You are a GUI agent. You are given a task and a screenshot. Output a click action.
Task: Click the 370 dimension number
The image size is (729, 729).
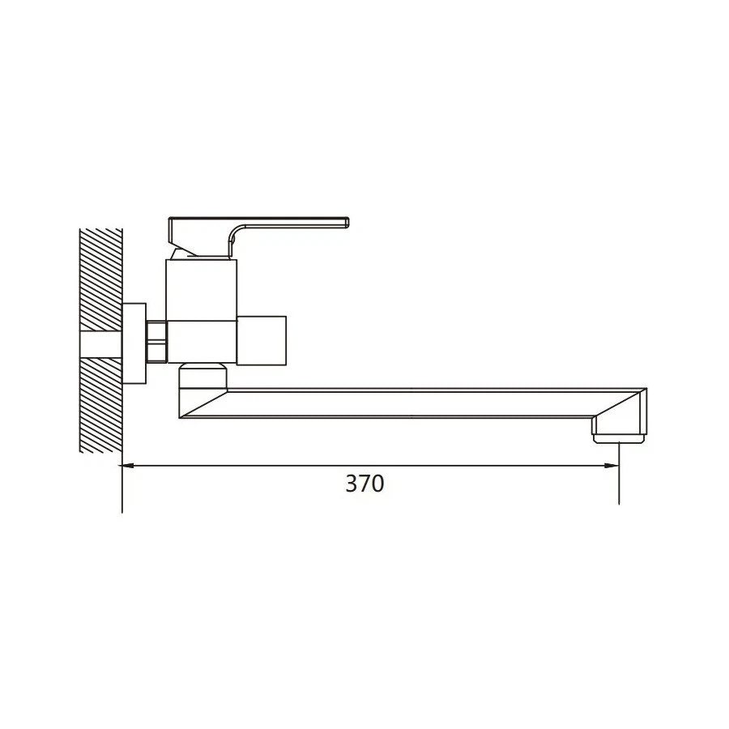[x=364, y=484]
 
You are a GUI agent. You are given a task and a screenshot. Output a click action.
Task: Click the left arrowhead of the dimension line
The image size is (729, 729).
[x=128, y=465]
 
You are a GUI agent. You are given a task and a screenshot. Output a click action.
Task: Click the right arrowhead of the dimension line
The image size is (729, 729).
[x=612, y=465]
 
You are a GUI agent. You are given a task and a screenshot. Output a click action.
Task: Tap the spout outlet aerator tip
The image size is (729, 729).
[x=620, y=438]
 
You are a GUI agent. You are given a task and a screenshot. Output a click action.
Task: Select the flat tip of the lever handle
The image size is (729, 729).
[x=347, y=222]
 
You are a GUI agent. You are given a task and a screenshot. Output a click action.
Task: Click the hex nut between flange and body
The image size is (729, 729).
[x=156, y=341]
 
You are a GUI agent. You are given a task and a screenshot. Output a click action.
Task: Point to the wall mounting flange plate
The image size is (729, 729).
[x=134, y=343]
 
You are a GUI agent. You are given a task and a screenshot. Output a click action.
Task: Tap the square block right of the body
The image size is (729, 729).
[x=262, y=340]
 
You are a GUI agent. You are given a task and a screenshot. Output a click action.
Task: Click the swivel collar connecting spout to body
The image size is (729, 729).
[x=203, y=376]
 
